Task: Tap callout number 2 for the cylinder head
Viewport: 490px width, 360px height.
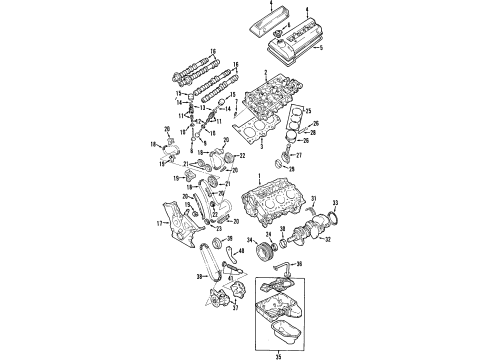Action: pos(264,74)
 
